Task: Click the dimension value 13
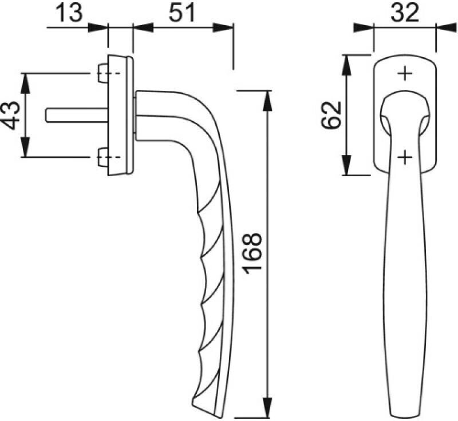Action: [69, 13]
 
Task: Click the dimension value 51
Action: [181, 13]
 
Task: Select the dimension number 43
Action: [11, 115]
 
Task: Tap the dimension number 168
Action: [252, 253]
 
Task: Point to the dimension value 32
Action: [405, 13]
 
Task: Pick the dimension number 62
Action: [331, 114]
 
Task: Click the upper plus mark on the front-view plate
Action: [405, 73]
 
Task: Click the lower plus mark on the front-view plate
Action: [405, 157]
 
